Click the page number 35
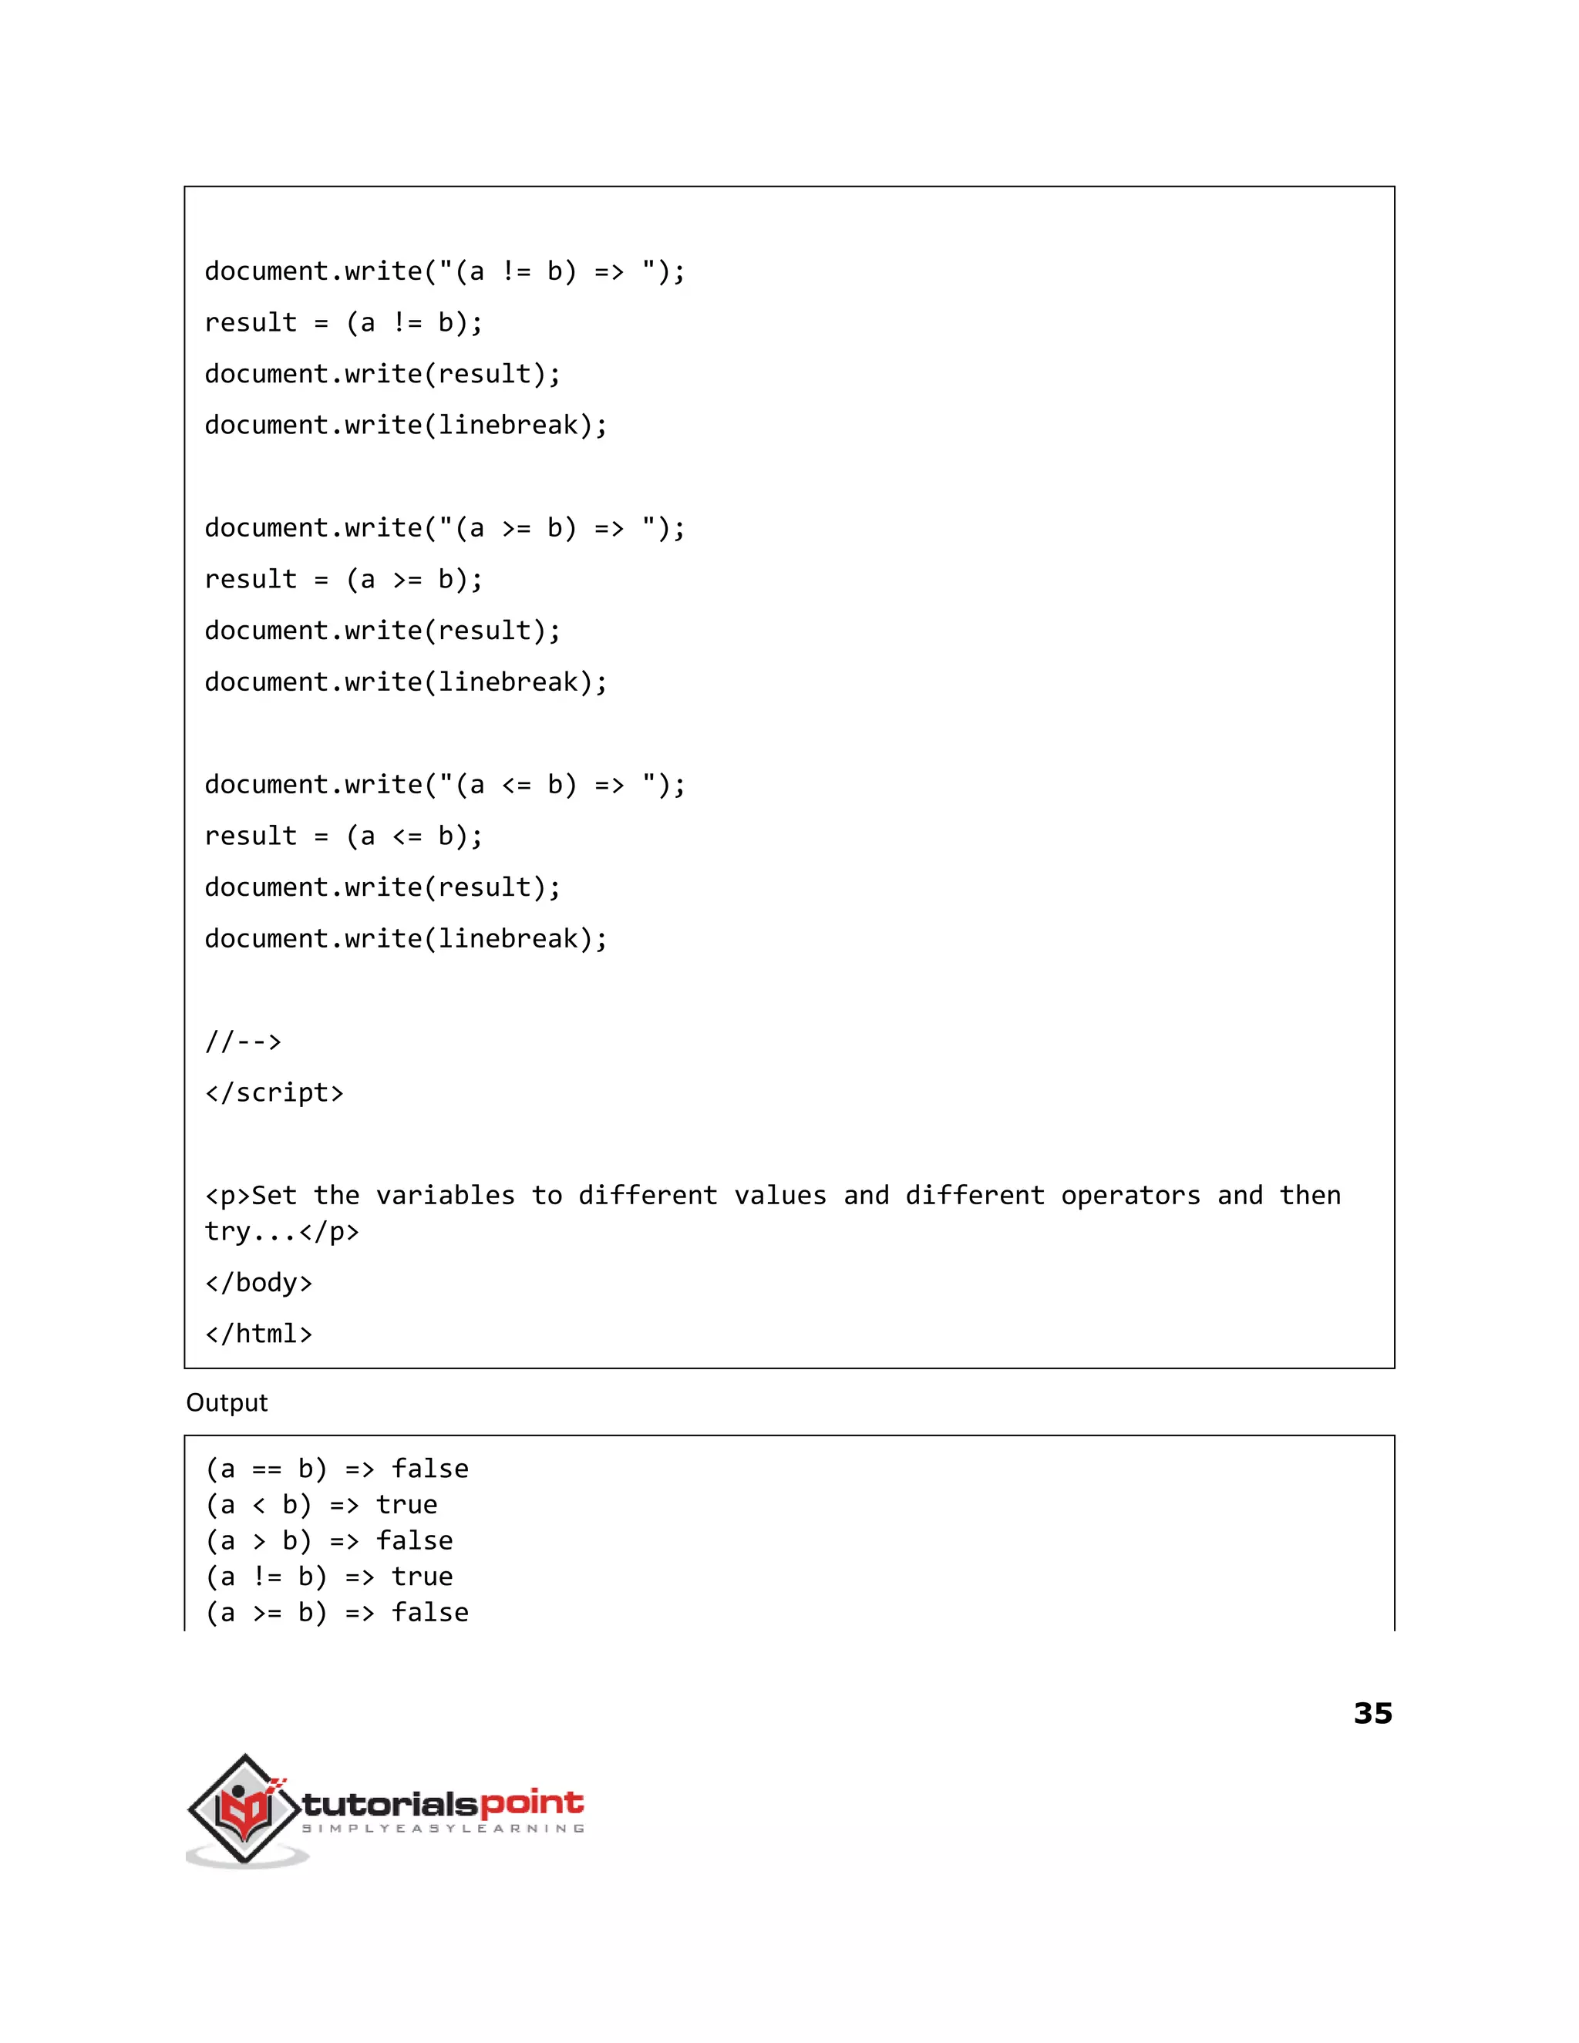[1372, 1714]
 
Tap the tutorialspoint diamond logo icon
[245, 1810]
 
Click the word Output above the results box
[227, 1403]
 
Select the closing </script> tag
[274, 1093]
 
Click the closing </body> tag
[258, 1283]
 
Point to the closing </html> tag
[258, 1334]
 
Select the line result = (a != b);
[343, 323]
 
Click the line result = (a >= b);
[343, 580]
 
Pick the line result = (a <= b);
[343, 836]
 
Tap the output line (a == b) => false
[337, 1469]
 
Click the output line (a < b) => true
[321, 1505]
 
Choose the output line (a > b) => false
[329, 1540]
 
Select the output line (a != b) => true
[329, 1577]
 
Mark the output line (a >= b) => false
[337, 1613]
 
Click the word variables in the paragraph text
[446, 1197]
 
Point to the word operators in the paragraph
[1130, 1197]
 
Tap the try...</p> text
[281, 1232]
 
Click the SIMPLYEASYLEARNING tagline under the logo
[443, 1829]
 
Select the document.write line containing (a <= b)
[444, 785]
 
